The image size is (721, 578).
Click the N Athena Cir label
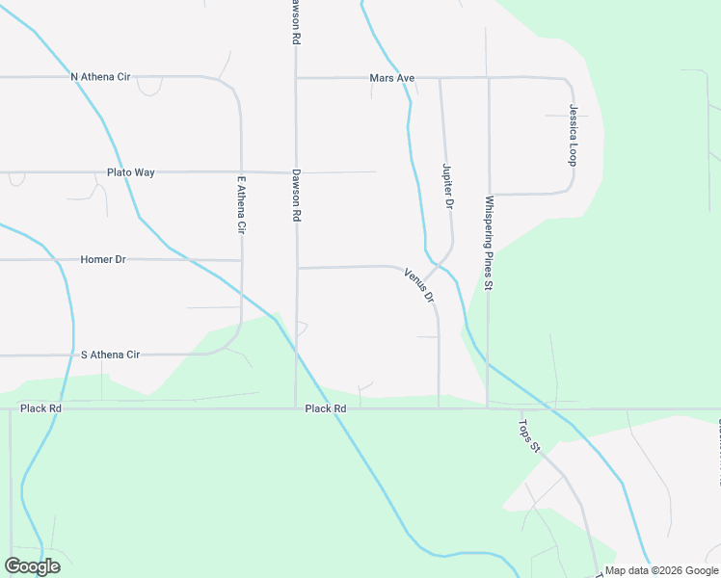pos(100,76)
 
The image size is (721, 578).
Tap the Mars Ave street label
pos(391,78)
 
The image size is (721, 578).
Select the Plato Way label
pos(130,172)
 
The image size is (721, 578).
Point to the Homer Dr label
pos(103,259)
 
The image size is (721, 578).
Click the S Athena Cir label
pos(110,355)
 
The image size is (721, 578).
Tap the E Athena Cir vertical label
pos(242,205)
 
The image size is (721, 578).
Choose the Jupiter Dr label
pos(447,186)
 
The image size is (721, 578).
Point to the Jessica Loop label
pos(573,135)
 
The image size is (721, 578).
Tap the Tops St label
pos(531,434)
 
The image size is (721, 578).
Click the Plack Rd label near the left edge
pos(41,408)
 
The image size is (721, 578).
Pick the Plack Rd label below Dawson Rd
pos(325,408)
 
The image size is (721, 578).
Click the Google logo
pos(32,565)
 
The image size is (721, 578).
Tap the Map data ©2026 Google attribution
pos(661,570)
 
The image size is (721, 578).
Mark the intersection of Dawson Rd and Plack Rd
pos(295,407)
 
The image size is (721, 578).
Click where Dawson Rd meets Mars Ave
pos(296,77)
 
